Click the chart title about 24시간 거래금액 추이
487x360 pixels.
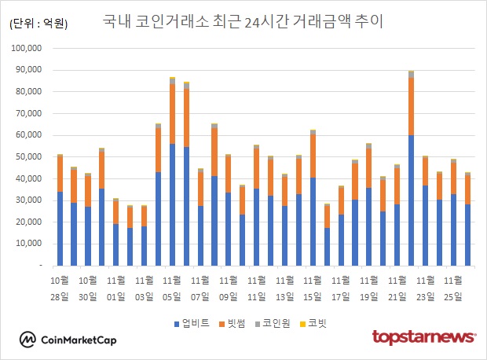tap(243, 21)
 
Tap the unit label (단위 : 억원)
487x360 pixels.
tap(38, 24)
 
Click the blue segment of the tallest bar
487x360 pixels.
tap(411, 200)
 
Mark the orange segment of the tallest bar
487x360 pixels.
tap(411, 106)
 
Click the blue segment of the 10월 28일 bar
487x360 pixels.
tap(60, 229)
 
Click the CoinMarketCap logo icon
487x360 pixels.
tap(28, 340)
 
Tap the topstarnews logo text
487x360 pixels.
tap(423, 337)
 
